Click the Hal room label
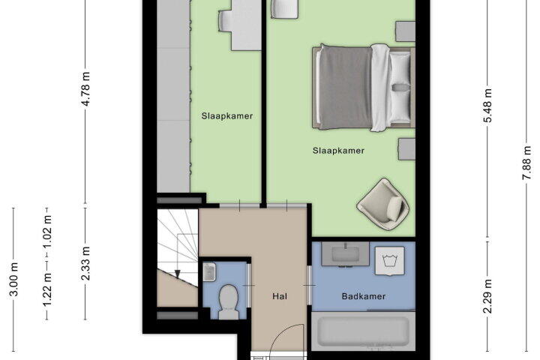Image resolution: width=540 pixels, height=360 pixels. pyautogui.click(x=280, y=296)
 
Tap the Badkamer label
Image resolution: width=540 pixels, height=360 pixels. pyautogui.click(x=364, y=296)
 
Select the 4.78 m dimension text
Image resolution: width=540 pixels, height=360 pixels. pyautogui.click(x=85, y=89)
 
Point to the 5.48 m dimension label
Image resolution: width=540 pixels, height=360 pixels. pyautogui.click(x=487, y=106)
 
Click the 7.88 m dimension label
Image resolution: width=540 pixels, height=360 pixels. pyautogui.click(x=527, y=163)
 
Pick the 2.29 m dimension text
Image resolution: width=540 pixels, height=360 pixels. pyautogui.click(x=487, y=296)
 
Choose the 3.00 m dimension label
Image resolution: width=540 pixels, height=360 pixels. pyautogui.click(x=13, y=280)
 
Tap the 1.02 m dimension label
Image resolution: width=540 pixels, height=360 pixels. pyautogui.click(x=46, y=232)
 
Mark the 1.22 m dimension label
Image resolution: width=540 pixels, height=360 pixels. pyautogui.click(x=46, y=289)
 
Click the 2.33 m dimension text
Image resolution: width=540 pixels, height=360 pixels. pyautogui.click(x=85, y=263)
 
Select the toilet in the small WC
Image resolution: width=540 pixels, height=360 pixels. pyautogui.click(x=229, y=301)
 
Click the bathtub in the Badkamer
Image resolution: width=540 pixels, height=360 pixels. pyautogui.click(x=363, y=331)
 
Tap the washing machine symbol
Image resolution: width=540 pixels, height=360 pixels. pyautogui.click(x=389, y=260)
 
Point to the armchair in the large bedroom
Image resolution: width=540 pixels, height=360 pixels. pyautogui.click(x=383, y=204)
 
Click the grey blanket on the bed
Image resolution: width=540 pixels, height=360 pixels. pyautogui.click(x=345, y=88)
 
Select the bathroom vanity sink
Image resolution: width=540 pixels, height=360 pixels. pyautogui.click(x=345, y=254)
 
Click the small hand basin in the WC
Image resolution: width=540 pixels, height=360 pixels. pyautogui.click(x=209, y=272)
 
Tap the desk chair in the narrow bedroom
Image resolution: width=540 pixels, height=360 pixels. pyautogui.click(x=227, y=21)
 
